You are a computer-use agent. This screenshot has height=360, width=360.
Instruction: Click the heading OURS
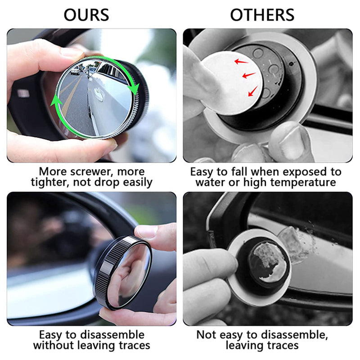point(86,15)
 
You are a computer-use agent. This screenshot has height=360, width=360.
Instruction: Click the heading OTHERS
point(262,15)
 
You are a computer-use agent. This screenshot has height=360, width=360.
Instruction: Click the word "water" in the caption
point(211,182)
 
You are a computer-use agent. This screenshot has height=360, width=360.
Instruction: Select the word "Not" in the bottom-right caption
point(207,335)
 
